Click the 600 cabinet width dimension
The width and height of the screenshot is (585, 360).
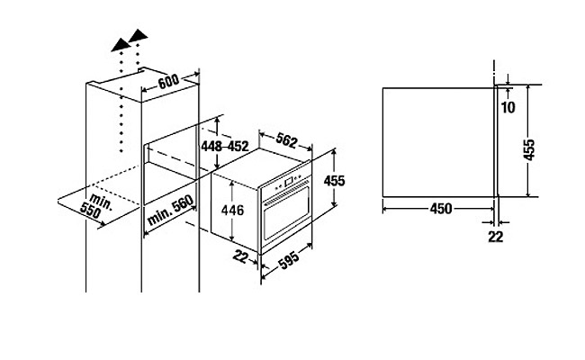[x=172, y=81]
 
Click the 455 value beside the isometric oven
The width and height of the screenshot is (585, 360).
[x=334, y=180]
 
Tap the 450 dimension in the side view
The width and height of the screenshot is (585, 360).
[x=440, y=209]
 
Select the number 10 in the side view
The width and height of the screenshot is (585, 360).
[x=508, y=108]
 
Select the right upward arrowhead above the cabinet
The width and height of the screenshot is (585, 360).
[x=138, y=37]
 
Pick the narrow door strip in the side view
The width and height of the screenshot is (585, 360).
[x=496, y=141]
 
